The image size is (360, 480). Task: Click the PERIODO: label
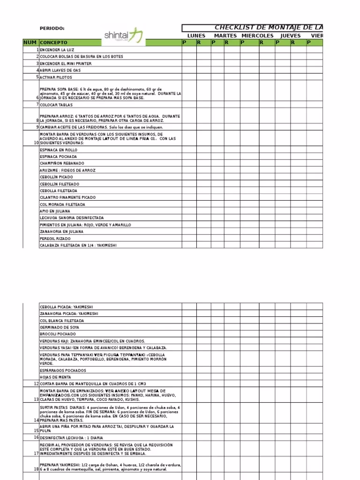tap(52, 29)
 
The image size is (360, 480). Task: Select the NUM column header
tap(30, 43)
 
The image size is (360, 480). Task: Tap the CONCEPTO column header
tap(54, 43)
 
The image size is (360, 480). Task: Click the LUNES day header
tap(196, 36)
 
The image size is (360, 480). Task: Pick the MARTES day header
tap(225, 36)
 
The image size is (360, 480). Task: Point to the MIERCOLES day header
tap(257, 36)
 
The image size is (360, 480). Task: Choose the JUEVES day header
tap(290, 36)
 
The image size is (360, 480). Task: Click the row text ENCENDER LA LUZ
tap(57, 50)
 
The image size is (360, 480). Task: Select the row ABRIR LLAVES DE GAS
tap(60, 70)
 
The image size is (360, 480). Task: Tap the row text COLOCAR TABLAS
tap(56, 105)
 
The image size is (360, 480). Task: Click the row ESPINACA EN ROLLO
tap(59, 150)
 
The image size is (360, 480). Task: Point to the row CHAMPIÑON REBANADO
tap(61, 163)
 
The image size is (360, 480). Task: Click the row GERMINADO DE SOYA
tap(60, 327)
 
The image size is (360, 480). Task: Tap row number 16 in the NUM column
tap(36, 437)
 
